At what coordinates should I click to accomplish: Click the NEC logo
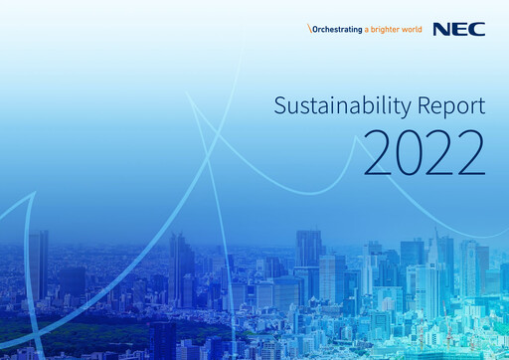[465, 29]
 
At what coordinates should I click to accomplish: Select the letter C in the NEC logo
[479, 29]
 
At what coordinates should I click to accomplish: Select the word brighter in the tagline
[383, 30]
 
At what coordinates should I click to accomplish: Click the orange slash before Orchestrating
[309, 30]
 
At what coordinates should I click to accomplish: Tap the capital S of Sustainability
[279, 106]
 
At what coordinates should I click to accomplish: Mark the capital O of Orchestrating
[315, 30]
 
